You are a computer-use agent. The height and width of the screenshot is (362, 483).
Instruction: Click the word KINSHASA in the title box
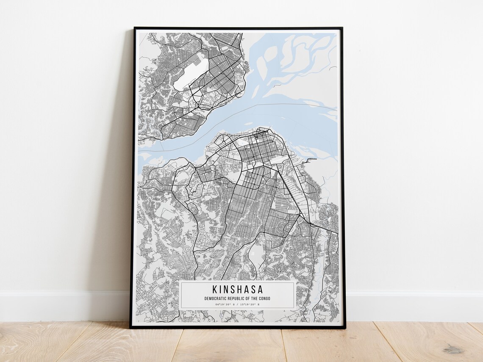[237, 290]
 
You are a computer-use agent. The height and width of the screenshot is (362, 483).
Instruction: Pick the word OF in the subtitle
[247, 298]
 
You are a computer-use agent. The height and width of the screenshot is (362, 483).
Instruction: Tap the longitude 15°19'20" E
[250, 304]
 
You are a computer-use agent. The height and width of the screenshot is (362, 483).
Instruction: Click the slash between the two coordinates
[237, 304]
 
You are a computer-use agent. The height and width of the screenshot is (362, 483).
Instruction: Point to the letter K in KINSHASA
[214, 290]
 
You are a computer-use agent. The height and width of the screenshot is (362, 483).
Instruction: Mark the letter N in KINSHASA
[226, 290]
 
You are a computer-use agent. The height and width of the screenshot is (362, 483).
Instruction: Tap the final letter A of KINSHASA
[260, 290]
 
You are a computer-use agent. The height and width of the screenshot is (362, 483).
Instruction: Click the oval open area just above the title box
[257, 254]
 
